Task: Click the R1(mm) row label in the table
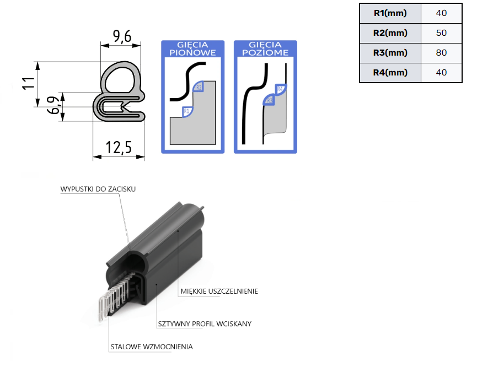click(x=390, y=13)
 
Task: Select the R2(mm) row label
click(x=390, y=33)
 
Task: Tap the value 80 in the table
click(x=441, y=53)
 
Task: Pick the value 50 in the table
click(x=441, y=33)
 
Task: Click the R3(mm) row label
click(x=390, y=53)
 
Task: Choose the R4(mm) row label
click(x=390, y=73)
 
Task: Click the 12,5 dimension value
click(x=119, y=147)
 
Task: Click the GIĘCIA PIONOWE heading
click(x=192, y=49)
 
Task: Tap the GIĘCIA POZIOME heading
click(x=265, y=49)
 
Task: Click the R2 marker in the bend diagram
click(x=199, y=87)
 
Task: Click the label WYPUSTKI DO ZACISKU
click(x=98, y=189)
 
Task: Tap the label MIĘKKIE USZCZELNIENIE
click(x=219, y=291)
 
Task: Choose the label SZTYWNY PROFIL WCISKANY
click(x=204, y=323)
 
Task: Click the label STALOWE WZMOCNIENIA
click(x=152, y=347)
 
